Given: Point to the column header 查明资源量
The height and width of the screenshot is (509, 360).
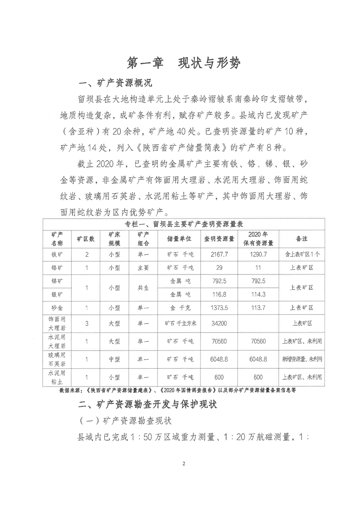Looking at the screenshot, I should click(x=219, y=238).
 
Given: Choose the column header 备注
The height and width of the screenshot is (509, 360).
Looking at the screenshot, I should click(x=301, y=238).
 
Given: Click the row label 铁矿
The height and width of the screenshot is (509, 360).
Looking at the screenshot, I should click(x=57, y=254).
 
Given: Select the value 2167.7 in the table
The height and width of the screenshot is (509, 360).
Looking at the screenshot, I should click(x=219, y=254).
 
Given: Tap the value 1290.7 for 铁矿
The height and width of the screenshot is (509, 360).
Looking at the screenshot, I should click(x=257, y=254).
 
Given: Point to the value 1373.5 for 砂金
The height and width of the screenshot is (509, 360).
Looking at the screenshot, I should click(x=219, y=308).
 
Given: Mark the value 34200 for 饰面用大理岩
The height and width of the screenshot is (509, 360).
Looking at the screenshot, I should click(x=219, y=324).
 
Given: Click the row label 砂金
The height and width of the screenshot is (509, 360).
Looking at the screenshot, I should click(x=57, y=308).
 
